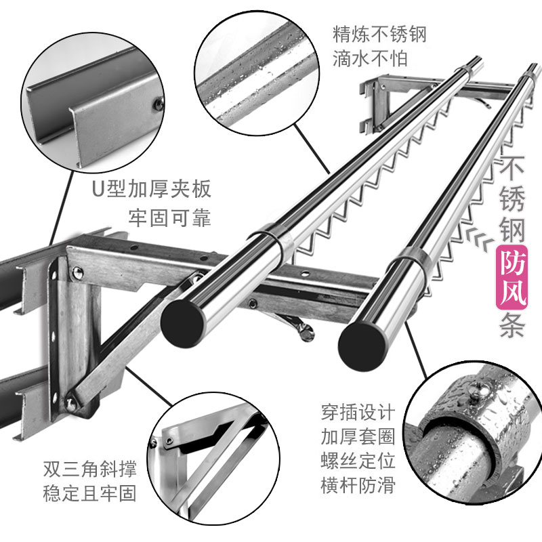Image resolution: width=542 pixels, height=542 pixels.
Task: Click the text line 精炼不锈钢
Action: tap(379, 33)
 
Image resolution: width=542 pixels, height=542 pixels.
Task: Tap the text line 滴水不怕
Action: tap(370, 59)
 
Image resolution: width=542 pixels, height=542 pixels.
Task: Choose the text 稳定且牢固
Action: tap(87, 492)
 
